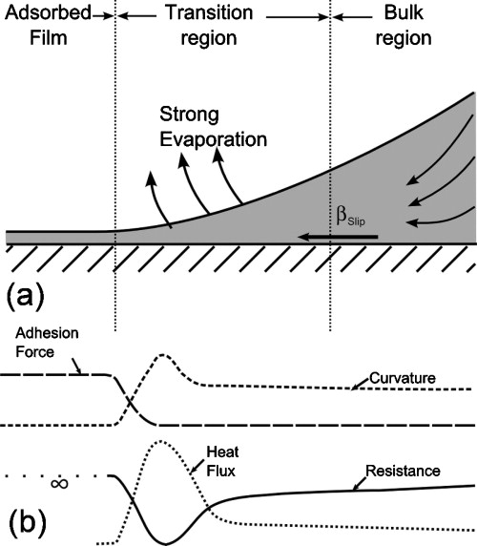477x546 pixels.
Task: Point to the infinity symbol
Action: (x=58, y=484)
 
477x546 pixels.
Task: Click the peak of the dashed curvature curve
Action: (x=163, y=355)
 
